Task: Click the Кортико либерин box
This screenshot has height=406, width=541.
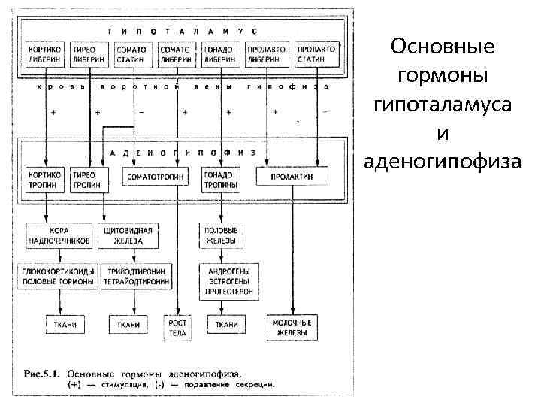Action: coord(47,53)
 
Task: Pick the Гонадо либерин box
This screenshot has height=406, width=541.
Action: coord(219,53)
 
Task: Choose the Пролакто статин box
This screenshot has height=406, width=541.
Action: coord(316,53)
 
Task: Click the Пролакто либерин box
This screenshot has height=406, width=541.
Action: coord(267,53)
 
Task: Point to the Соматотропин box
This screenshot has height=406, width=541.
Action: coord(156,176)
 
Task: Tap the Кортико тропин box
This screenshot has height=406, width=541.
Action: coord(45,176)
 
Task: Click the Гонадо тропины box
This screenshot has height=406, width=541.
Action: coord(219,176)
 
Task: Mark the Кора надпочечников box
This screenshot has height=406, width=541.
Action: coord(60,235)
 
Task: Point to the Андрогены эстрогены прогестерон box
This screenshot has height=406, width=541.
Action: coord(227,280)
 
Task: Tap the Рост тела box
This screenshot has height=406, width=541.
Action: coord(178,327)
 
